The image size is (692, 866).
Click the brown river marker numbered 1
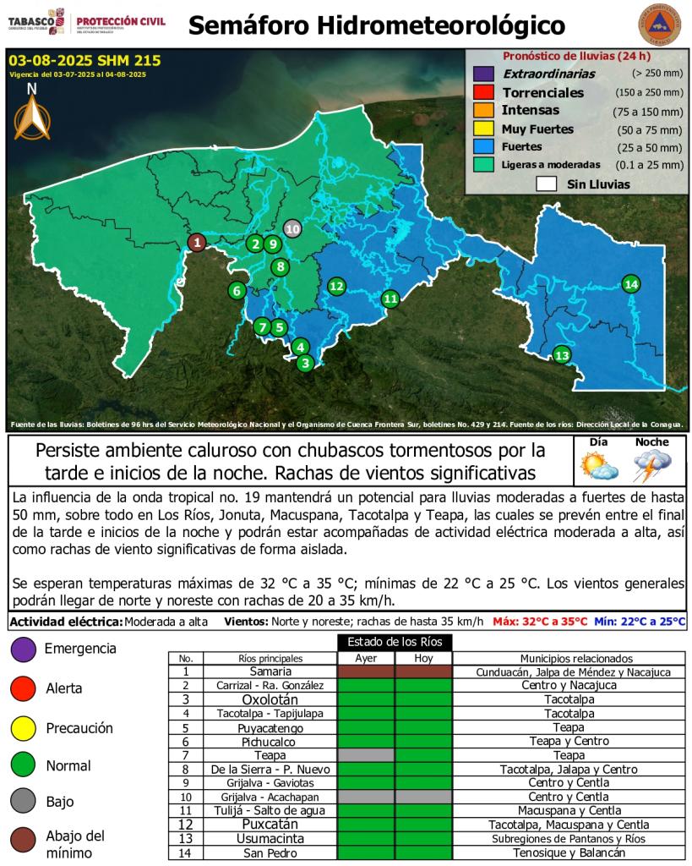[x=196, y=243]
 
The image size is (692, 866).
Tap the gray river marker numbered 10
[x=292, y=227]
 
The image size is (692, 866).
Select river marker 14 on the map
[x=630, y=284]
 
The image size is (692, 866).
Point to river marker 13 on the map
[x=562, y=355]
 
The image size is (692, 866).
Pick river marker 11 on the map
[x=390, y=298]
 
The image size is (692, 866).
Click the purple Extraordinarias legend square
[x=483, y=74]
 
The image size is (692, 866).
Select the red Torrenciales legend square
[x=483, y=92]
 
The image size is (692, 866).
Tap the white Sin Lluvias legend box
[x=546, y=184]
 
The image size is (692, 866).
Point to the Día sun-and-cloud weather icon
[x=598, y=465]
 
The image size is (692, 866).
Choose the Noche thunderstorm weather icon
[x=651, y=465]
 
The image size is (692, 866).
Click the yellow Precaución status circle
[x=22, y=727]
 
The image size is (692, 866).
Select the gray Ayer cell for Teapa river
[x=366, y=754]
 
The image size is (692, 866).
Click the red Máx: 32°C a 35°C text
[x=540, y=622]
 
